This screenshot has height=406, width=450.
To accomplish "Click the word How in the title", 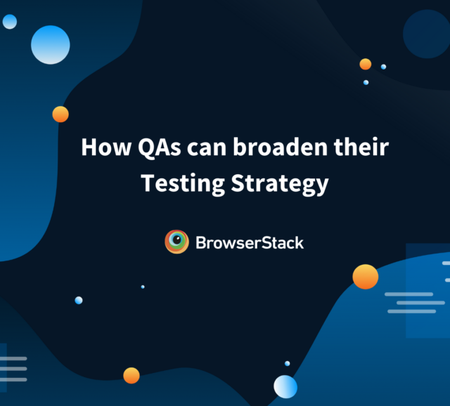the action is (x=106, y=147).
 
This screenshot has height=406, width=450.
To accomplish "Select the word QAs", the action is (x=160, y=148).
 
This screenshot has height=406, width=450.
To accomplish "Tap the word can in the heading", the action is (x=207, y=149).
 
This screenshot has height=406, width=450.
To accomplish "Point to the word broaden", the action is (x=280, y=147).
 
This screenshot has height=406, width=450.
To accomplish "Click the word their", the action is (x=361, y=147).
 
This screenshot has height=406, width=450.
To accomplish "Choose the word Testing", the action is (x=183, y=184).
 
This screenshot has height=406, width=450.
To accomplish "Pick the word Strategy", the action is (x=280, y=184).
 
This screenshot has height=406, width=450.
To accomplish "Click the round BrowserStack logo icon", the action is (x=176, y=242).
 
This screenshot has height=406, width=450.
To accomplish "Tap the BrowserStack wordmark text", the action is (x=250, y=243).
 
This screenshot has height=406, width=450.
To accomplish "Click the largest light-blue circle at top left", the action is (x=50, y=45).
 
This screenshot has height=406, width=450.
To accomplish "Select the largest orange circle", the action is (x=366, y=277).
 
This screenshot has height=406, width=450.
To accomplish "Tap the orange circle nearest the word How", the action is (x=60, y=114).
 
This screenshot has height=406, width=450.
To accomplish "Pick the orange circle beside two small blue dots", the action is (x=366, y=64).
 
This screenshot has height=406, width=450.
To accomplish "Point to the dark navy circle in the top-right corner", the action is (x=427, y=34).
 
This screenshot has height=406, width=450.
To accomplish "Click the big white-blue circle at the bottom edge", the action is (x=285, y=387).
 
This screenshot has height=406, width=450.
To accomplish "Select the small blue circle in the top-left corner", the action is (x=10, y=22).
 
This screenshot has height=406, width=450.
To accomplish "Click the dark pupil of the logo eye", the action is (x=177, y=240).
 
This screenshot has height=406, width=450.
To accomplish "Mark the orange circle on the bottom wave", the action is (x=131, y=375).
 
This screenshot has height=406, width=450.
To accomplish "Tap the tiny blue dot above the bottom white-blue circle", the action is (x=288, y=364).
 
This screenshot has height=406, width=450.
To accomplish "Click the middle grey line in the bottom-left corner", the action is (x=13, y=369).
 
